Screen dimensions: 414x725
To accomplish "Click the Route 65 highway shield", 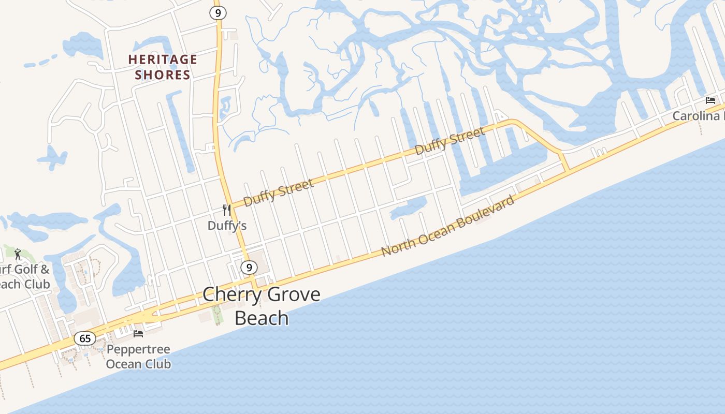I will [85, 339].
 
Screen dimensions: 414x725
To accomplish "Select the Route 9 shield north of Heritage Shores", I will [218, 12].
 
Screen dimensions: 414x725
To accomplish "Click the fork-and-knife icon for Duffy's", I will [227, 210].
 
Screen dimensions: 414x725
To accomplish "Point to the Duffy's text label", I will [227, 226].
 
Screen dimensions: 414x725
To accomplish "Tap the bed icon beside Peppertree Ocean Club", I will [138, 333].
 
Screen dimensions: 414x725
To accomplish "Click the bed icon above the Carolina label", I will [711, 100].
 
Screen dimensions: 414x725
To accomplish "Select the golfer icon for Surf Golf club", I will [18, 254].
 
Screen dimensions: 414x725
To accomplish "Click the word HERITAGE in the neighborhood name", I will [163, 60].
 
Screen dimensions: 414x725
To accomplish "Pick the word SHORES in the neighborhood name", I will [163, 75].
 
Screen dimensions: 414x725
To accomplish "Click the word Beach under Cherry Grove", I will [262, 318].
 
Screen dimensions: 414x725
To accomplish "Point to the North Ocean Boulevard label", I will [448, 226].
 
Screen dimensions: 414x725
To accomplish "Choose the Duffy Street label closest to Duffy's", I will [279, 193].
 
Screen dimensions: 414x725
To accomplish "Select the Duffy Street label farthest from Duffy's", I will [450, 140].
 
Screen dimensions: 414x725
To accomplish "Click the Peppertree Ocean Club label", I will [138, 357].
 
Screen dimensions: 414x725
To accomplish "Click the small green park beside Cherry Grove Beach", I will [218, 315].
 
